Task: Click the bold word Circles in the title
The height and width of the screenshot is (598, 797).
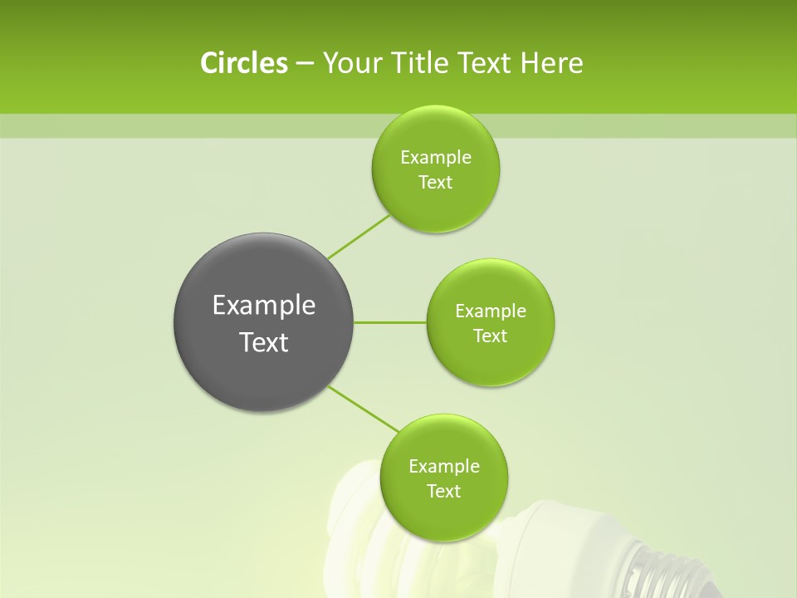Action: click(243, 63)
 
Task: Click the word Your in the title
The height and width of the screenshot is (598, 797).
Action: click(348, 63)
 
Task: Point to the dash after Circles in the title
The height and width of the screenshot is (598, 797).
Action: click(304, 64)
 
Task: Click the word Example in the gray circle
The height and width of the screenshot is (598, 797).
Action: click(264, 306)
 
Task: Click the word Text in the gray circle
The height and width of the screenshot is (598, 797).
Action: click(264, 342)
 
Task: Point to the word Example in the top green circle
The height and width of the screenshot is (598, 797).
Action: click(436, 158)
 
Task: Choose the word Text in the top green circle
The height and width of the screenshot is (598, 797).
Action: click(435, 183)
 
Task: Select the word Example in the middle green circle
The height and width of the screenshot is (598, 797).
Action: click(491, 311)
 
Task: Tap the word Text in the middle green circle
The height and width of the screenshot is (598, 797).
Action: click(490, 336)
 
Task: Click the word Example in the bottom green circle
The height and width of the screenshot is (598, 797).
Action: click(444, 467)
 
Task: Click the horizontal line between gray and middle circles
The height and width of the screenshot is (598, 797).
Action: click(389, 322)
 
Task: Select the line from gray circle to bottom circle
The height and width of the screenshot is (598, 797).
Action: click(364, 409)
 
